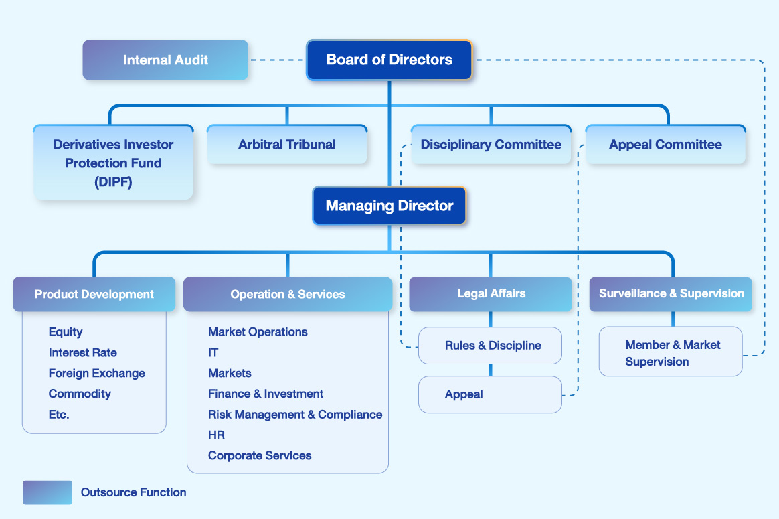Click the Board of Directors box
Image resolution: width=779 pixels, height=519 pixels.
389,60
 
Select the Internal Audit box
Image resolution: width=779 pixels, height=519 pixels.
165,60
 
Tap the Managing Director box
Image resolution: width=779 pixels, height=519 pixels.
389,206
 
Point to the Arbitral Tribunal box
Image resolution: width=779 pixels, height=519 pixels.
287,145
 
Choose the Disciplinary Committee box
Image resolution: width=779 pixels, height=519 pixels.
491,145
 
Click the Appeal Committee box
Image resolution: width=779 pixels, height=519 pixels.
665,145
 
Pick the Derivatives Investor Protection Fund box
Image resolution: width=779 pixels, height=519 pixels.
113,163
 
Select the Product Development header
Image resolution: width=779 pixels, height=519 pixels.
94,294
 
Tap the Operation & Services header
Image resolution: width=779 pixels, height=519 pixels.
288,294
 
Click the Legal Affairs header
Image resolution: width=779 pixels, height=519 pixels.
491,293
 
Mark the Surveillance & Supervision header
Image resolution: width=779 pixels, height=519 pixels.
671,293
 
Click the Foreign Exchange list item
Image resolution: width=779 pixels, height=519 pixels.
97,373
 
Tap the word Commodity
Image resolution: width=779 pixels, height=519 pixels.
80,394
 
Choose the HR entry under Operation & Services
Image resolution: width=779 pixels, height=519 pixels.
216,435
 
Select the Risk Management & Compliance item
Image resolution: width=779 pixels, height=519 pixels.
295,415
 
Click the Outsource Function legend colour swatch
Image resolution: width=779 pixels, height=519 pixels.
48,492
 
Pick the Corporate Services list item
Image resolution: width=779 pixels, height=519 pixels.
260,455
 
